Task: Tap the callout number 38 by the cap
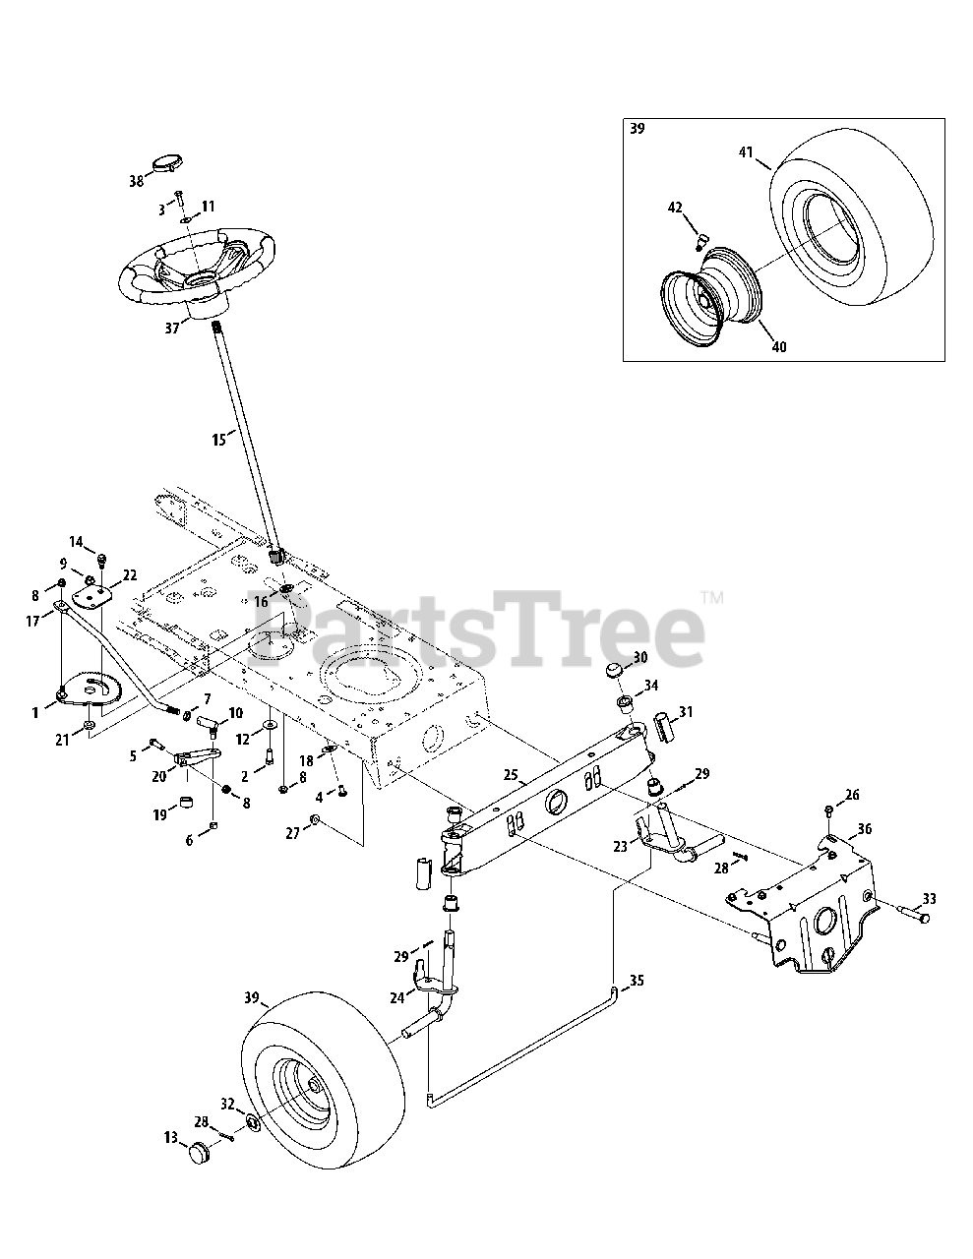(x=136, y=181)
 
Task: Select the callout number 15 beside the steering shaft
(x=218, y=440)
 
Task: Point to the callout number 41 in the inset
(x=746, y=152)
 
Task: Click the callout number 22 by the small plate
(x=129, y=574)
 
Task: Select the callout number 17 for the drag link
(x=33, y=621)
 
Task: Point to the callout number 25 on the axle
(x=510, y=775)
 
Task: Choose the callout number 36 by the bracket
(x=864, y=829)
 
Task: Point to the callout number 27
(x=292, y=833)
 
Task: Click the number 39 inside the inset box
(x=637, y=129)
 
